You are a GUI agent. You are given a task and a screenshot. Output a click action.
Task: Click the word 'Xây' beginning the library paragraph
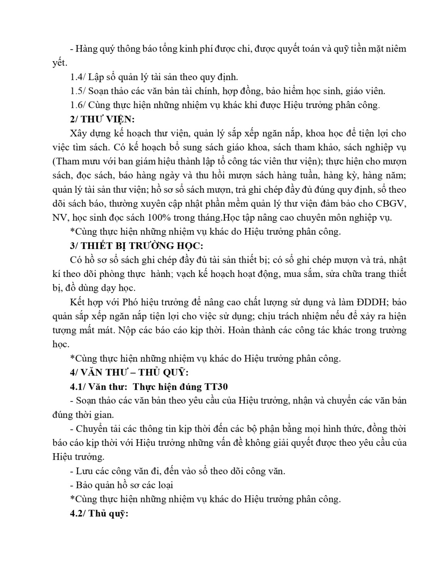point(78,133)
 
